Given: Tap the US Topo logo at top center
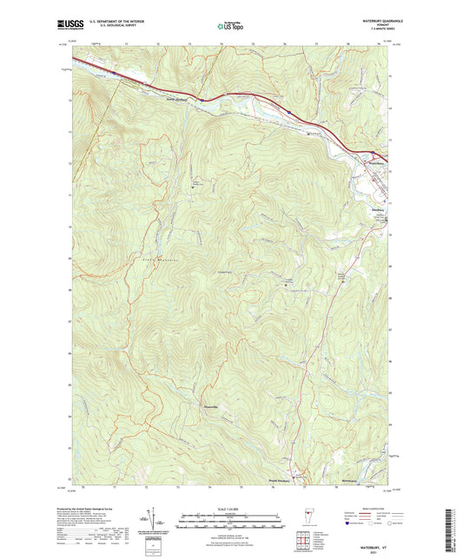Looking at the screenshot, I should (230, 27).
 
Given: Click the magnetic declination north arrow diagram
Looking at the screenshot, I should (156, 520).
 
